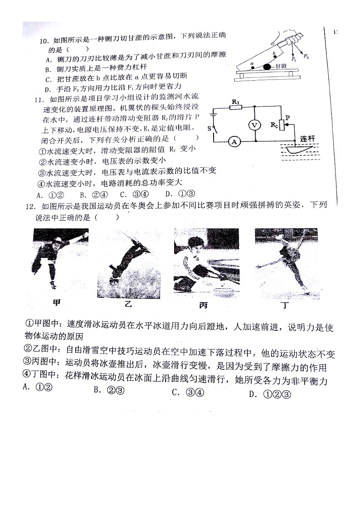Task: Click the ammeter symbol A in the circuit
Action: coord(234,142)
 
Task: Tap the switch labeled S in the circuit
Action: coord(214,129)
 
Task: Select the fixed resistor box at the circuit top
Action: coord(236,107)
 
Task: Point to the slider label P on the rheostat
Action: coord(287,117)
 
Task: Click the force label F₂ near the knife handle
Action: coord(306,56)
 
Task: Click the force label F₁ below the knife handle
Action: coord(293,59)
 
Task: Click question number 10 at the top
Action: coord(44,40)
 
